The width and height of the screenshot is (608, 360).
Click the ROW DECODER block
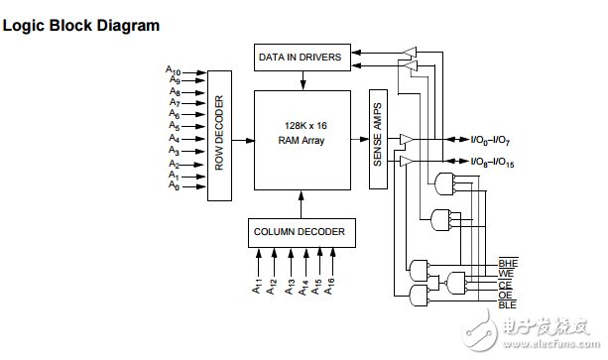pyautogui.click(x=218, y=133)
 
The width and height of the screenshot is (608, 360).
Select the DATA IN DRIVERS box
pyautogui.click(x=301, y=58)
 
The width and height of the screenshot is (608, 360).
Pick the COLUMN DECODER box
pyautogui.click(x=300, y=232)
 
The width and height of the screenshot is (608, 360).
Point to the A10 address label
pyautogui.click(x=173, y=70)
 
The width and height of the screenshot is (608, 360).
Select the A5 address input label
pyautogui.click(x=173, y=127)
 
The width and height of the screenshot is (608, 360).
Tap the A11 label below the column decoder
pyautogui.click(x=258, y=288)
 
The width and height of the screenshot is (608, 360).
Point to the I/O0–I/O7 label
pyautogui.click(x=484, y=139)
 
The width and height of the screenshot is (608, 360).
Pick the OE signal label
pyautogui.click(x=505, y=295)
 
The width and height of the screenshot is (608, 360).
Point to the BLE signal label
pyautogui.click(x=507, y=304)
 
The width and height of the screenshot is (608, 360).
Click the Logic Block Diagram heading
pyautogui.click(x=81, y=26)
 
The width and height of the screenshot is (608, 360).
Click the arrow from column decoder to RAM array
pyautogui.click(x=300, y=203)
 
